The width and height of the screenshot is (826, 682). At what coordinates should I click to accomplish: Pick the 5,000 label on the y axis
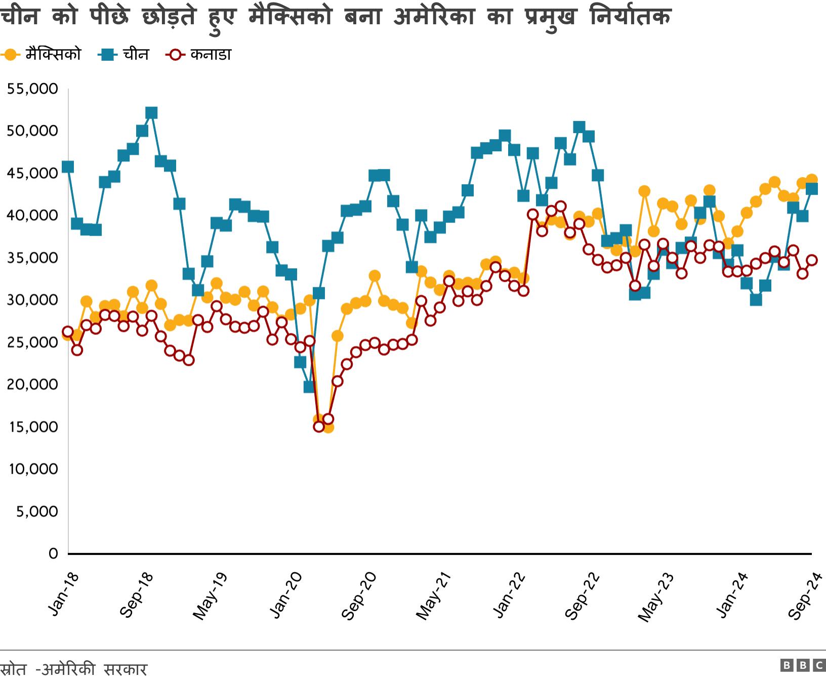click(36, 511)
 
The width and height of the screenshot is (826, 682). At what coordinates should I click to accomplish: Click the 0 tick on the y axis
click(53, 553)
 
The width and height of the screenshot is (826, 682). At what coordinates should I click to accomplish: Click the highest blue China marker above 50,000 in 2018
click(151, 112)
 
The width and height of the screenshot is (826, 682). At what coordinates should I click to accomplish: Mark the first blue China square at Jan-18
click(68, 167)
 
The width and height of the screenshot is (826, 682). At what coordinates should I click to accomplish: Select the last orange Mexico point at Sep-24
click(811, 180)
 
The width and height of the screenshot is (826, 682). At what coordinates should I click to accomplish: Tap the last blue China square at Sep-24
click(811, 189)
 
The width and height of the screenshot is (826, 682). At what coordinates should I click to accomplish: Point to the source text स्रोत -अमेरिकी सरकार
click(74, 669)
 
